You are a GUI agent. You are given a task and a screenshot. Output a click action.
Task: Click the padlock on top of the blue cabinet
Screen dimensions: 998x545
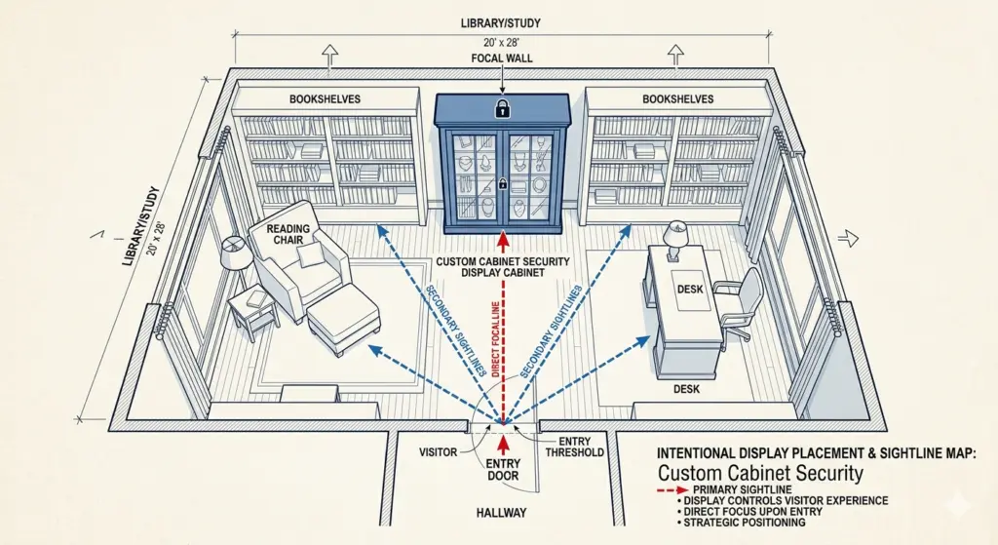pos(503,107)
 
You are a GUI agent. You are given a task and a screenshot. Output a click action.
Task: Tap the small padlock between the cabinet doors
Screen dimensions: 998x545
pos(503,184)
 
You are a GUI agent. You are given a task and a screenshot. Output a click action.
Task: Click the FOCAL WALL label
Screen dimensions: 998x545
pos(502,58)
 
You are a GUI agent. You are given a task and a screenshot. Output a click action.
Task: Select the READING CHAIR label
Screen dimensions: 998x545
pos(288,234)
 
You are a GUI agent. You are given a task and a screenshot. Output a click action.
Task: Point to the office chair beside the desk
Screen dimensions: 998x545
pos(739,305)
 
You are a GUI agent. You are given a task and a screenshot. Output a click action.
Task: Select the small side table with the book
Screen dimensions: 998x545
pos(252,311)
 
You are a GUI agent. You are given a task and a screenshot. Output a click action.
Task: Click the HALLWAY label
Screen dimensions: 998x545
pos(502,513)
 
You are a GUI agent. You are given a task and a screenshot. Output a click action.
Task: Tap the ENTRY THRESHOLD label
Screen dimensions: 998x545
pos(574,447)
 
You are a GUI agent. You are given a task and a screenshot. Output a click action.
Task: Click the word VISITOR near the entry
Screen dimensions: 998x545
pos(438,452)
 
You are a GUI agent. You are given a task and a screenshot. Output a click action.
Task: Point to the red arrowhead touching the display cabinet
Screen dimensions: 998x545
pos(504,241)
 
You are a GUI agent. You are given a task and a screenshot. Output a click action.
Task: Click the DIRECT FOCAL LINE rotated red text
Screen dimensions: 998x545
pos(496,339)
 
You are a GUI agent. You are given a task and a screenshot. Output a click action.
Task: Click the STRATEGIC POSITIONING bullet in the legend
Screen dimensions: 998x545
pos(742,522)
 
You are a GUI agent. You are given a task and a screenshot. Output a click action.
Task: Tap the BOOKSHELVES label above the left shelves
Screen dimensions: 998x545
pos(325,99)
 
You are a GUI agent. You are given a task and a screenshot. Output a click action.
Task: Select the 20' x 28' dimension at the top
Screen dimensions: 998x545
pos(501,42)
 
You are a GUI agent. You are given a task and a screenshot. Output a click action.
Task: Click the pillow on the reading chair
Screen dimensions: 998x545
pos(309,255)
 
